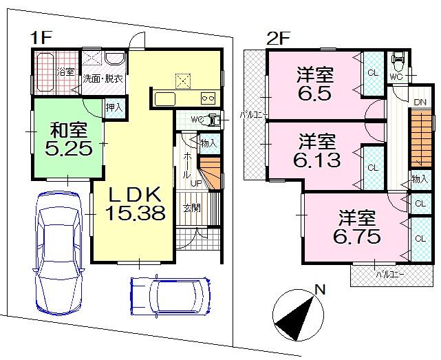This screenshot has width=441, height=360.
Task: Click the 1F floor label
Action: [39, 39]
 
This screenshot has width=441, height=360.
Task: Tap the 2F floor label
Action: [277, 39]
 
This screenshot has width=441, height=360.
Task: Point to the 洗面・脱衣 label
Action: [103, 78]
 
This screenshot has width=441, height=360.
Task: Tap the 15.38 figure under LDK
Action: [135, 213]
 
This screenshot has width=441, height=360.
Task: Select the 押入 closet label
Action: [114, 107]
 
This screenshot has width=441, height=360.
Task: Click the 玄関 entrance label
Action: [192, 207]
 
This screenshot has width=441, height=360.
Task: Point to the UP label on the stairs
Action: [196, 184]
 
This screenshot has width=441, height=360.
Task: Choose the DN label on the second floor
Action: [419, 103]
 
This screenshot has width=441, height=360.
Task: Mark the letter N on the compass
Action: [318, 290]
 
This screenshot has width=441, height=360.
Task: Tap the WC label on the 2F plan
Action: [396, 77]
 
